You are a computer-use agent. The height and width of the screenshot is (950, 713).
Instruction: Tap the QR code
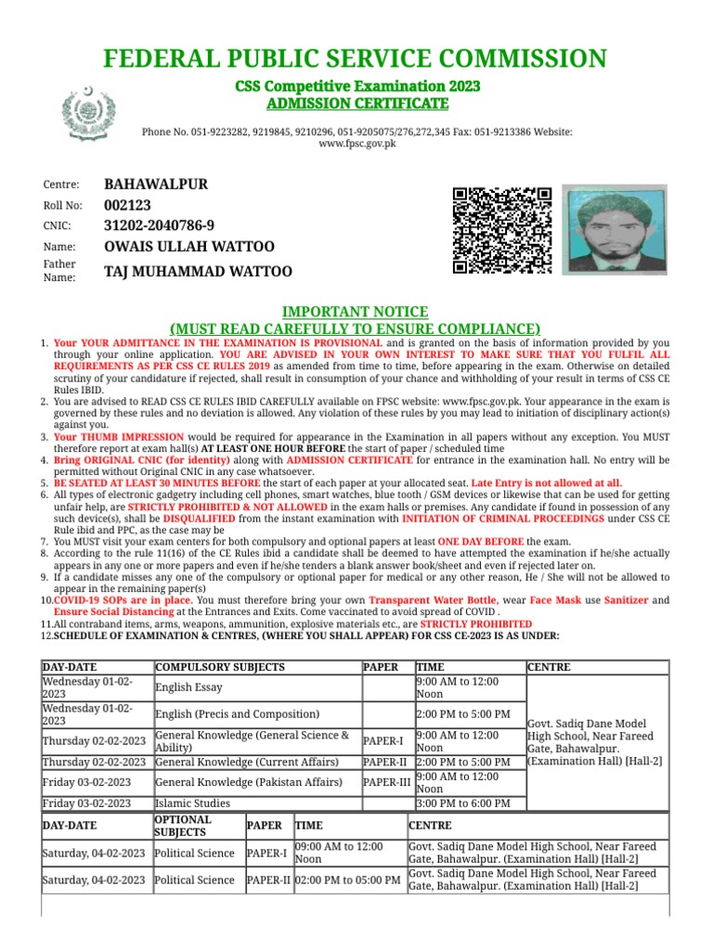point(501,231)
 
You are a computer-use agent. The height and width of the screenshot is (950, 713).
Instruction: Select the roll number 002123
point(127,205)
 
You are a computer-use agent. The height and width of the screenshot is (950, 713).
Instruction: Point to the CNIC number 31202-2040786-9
point(159,225)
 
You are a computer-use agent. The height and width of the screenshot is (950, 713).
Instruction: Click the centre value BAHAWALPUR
point(155,185)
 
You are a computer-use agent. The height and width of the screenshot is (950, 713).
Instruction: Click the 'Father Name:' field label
point(59,271)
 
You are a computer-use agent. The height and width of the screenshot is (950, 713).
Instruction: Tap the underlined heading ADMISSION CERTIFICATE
point(356,102)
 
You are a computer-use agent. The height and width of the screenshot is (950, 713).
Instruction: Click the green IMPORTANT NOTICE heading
point(356,312)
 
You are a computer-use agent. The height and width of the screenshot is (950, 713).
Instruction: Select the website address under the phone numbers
point(356,145)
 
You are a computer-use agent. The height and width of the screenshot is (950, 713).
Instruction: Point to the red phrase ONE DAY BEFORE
point(481,541)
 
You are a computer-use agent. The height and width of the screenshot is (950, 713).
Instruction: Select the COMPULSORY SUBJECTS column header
point(220,667)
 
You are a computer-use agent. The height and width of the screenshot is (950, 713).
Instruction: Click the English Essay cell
point(188,687)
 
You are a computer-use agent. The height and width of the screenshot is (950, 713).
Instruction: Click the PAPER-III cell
point(386,782)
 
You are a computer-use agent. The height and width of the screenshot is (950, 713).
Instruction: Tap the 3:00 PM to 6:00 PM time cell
point(462,803)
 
